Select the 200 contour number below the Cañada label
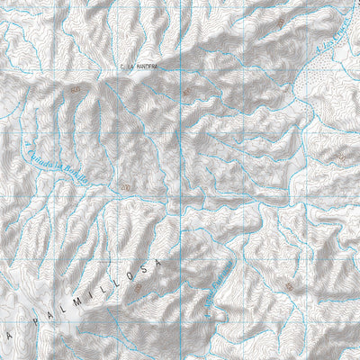tap(124, 186)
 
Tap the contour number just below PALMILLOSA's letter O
tap(139, 289)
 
